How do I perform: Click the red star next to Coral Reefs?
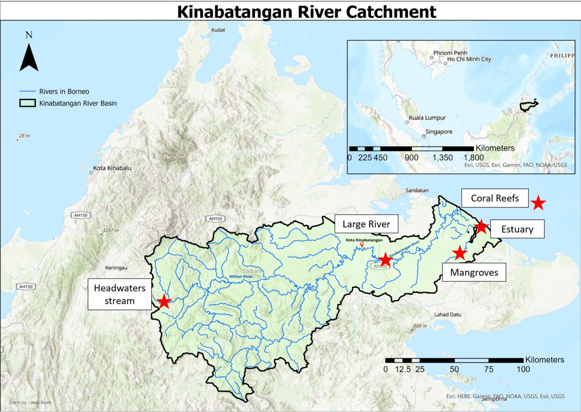538,203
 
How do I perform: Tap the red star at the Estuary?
481,227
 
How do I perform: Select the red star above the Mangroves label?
459,253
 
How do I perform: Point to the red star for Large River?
385,260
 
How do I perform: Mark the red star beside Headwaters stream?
164,302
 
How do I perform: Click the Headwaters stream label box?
120,294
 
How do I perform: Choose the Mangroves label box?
474,273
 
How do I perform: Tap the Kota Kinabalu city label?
112,168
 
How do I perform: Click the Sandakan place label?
417,191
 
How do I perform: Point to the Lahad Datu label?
447,314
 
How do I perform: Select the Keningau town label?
116,268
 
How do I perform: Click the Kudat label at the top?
218,30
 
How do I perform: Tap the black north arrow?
29,57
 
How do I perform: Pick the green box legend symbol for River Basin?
27,103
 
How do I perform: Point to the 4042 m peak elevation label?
176,155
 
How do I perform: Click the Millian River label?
241,277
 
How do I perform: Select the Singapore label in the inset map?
439,132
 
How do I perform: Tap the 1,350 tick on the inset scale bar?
443,157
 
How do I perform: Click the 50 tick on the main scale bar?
454,369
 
